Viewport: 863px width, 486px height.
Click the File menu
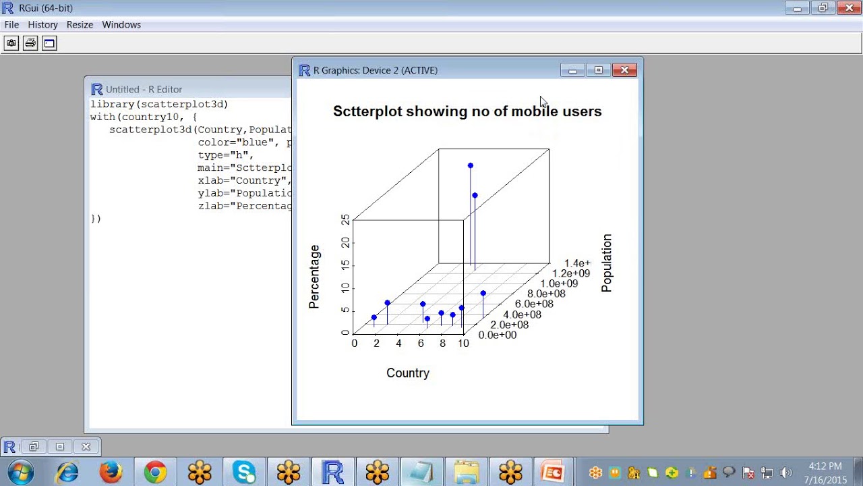[x=11, y=24]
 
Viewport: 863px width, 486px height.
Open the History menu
[x=42, y=24]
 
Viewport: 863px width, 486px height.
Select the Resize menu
[x=80, y=24]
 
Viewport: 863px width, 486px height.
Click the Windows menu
[x=121, y=24]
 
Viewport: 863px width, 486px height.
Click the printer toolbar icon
[x=30, y=43]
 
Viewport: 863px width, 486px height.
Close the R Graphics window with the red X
[x=624, y=70]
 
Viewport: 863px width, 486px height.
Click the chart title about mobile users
[x=467, y=111]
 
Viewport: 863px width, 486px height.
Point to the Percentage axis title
[x=314, y=277]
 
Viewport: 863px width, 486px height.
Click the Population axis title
[x=607, y=263]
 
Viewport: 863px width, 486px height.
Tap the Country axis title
[x=408, y=373]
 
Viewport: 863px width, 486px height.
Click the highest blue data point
[x=471, y=165]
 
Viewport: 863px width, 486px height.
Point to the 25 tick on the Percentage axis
[x=346, y=220]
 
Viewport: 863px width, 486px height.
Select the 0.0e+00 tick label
[x=498, y=335]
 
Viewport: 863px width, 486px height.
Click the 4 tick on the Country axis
[x=398, y=344]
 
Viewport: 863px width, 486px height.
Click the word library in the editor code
[x=112, y=105]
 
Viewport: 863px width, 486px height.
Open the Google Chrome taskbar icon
[x=155, y=472]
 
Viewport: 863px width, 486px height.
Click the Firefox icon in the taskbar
[x=111, y=472]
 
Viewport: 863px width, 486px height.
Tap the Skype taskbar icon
[x=244, y=472]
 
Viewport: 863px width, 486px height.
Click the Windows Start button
[x=20, y=472]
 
